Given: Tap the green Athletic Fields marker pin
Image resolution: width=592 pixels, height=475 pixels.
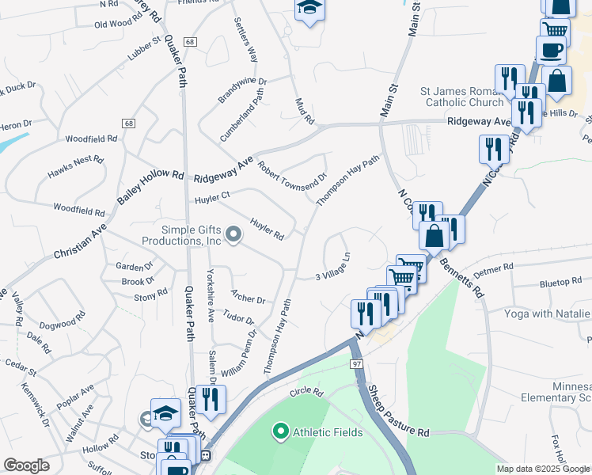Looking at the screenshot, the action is click(x=279, y=432).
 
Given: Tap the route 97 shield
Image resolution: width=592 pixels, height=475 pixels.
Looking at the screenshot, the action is click(x=357, y=363).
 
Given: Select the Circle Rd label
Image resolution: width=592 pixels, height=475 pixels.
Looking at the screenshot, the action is click(x=307, y=392).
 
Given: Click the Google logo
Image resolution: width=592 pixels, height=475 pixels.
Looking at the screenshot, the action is click(x=26, y=465).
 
